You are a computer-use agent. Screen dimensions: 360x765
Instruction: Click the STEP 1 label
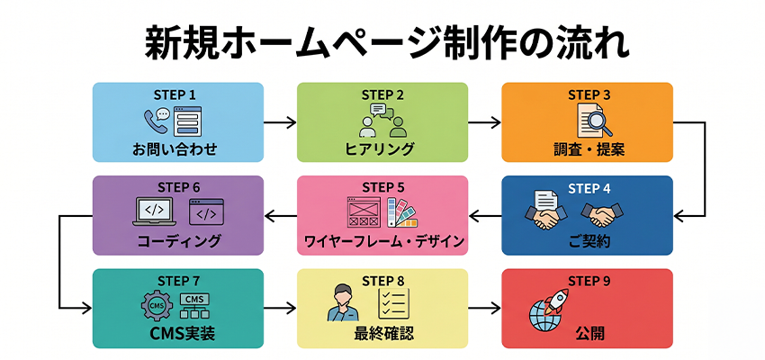point(177,94)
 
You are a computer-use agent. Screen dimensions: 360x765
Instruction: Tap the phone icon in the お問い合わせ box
point(156,121)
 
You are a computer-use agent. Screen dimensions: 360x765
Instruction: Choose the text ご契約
point(586,242)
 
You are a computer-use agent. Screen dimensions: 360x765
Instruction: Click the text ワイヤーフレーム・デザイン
point(382,242)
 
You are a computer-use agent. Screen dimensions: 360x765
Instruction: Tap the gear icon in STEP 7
point(155,307)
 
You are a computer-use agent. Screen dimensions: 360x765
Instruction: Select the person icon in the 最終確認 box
point(346,304)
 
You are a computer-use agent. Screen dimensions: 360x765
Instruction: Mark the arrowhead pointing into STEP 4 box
point(679,215)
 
